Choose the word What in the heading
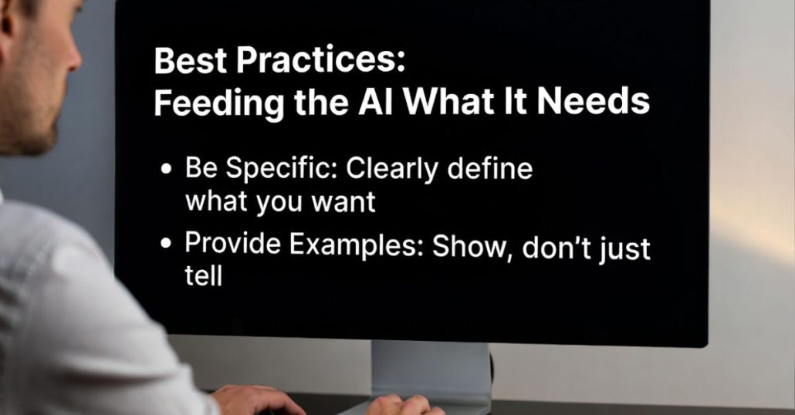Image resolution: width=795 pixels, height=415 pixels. tap(448, 101)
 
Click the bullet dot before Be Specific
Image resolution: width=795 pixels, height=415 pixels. tap(166, 169)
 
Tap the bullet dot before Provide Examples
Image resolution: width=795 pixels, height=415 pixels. tap(166, 244)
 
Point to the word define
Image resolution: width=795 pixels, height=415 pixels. tap(490, 168)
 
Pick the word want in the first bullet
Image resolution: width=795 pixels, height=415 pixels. tap(343, 201)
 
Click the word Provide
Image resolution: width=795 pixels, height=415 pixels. tap(233, 243)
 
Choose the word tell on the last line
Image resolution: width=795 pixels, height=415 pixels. tap(204, 276)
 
